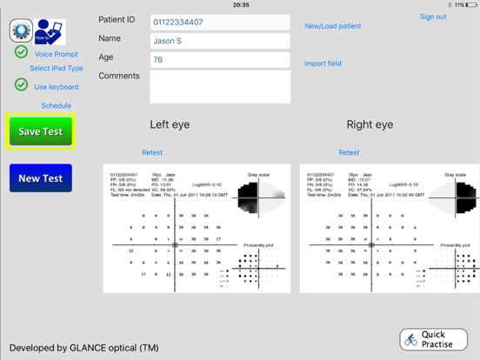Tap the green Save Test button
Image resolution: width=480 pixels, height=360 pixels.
[41, 131]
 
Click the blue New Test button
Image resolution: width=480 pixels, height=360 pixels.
[41, 178]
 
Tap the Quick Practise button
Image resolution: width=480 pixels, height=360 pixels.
[433, 339]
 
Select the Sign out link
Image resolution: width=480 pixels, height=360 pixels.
[433, 17]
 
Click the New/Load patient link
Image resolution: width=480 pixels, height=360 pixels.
[333, 26]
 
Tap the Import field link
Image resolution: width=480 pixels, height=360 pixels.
[323, 63]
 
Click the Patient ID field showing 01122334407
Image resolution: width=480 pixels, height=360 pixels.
[220, 22]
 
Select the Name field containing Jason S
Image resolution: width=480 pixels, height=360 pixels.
[220, 41]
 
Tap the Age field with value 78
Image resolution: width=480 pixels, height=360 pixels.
[220, 59]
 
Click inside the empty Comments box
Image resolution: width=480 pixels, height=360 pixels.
[220, 86]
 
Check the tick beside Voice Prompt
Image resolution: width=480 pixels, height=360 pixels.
[21, 52]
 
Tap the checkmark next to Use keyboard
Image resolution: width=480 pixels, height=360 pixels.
[21, 85]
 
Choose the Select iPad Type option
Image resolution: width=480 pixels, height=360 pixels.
[57, 68]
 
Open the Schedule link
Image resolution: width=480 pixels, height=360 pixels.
[57, 106]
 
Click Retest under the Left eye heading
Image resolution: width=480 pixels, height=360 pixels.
[152, 152]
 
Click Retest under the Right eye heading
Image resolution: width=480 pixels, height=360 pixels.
[349, 152]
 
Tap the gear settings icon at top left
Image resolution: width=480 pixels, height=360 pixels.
[21, 30]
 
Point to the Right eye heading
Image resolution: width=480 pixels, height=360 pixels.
[370, 125]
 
